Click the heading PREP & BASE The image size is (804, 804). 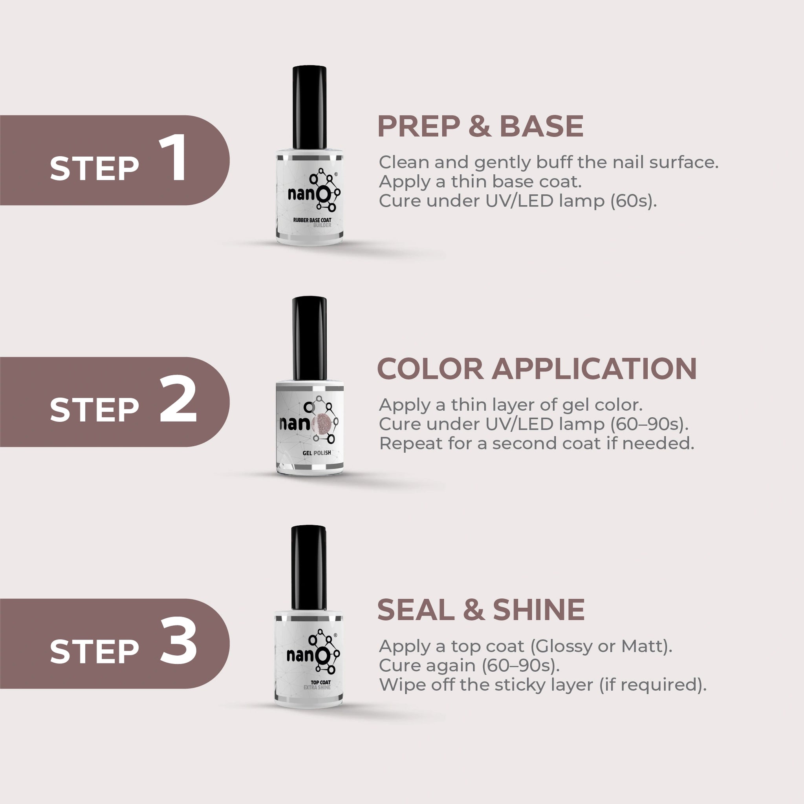tap(480, 126)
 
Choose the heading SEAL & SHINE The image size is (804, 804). tap(481, 610)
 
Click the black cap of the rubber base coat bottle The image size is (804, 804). tap(309, 107)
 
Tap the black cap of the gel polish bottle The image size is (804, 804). tap(310, 338)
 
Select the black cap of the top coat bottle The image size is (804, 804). tap(309, 568)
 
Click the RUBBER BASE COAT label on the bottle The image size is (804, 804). tap(312, 220)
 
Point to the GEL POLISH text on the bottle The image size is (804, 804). tap(317, 453)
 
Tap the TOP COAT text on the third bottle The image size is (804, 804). tap(321, 682)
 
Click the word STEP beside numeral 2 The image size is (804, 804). tap(94, 409)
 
